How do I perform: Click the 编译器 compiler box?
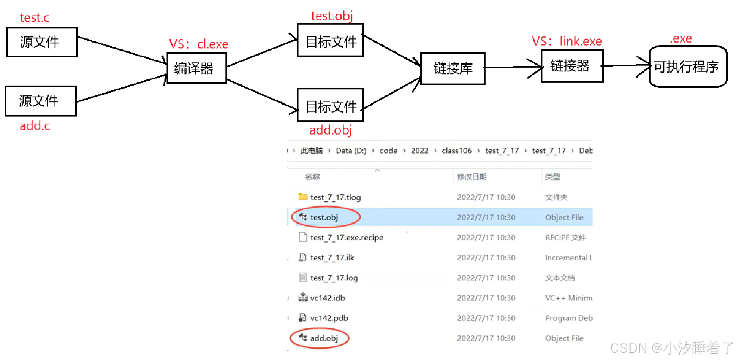click(196, 68)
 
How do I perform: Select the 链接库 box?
click(453, 68)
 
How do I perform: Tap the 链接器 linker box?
click(571, 66)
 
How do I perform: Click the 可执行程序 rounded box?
click(687, 67)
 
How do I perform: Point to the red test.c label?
click(35, 17)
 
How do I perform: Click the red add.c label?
click(35, 126)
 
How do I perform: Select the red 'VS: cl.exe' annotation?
click(199, 44)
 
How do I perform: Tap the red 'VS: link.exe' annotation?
click(567, 41)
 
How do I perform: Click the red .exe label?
click(681, 38)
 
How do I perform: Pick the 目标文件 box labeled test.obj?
click(330, 41)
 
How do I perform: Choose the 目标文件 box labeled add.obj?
click(330, 106)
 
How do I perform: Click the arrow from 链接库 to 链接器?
click(513, 67)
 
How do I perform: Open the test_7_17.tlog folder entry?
click(335, 197)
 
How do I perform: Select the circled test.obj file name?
click(324, 217)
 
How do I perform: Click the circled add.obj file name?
click(324, 338)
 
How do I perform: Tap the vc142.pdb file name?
click(329, 318)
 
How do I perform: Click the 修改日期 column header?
click(472, 177)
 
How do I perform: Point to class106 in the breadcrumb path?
click(456, 151)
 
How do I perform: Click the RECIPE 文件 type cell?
click(565, 238)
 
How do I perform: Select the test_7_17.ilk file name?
click(332, 258)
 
